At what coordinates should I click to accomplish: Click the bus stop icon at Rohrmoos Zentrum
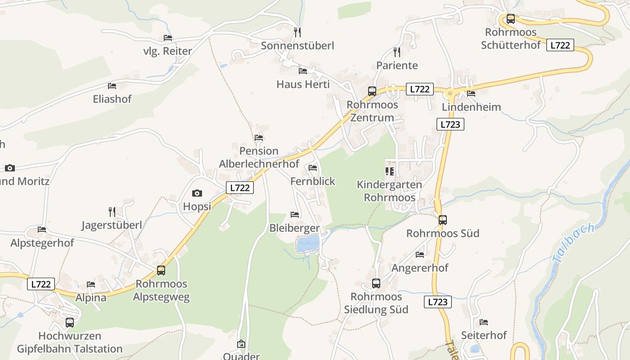372,91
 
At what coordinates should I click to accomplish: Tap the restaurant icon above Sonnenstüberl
297,32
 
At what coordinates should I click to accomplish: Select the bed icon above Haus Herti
303,71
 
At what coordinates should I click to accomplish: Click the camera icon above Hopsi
197,193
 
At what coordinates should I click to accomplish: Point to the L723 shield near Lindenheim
450,124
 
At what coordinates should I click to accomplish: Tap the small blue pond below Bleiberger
308,244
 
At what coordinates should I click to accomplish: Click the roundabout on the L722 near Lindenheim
450,94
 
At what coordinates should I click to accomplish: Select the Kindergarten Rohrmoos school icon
390,171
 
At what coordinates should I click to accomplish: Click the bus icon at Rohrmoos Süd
443,220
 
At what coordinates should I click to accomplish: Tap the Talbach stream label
574,243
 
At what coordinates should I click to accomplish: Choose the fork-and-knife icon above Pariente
396,52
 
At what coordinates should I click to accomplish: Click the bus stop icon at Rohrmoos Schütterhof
510,19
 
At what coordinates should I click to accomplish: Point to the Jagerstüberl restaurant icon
112,211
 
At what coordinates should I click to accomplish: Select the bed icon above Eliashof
112,85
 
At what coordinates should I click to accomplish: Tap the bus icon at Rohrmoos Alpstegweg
161,270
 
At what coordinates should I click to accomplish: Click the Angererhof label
420,268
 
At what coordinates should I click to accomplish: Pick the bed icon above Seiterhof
484,322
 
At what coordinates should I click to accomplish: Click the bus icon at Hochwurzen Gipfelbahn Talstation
70,323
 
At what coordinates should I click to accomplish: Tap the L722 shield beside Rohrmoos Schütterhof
560,45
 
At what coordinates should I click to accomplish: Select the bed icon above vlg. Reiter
168,38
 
